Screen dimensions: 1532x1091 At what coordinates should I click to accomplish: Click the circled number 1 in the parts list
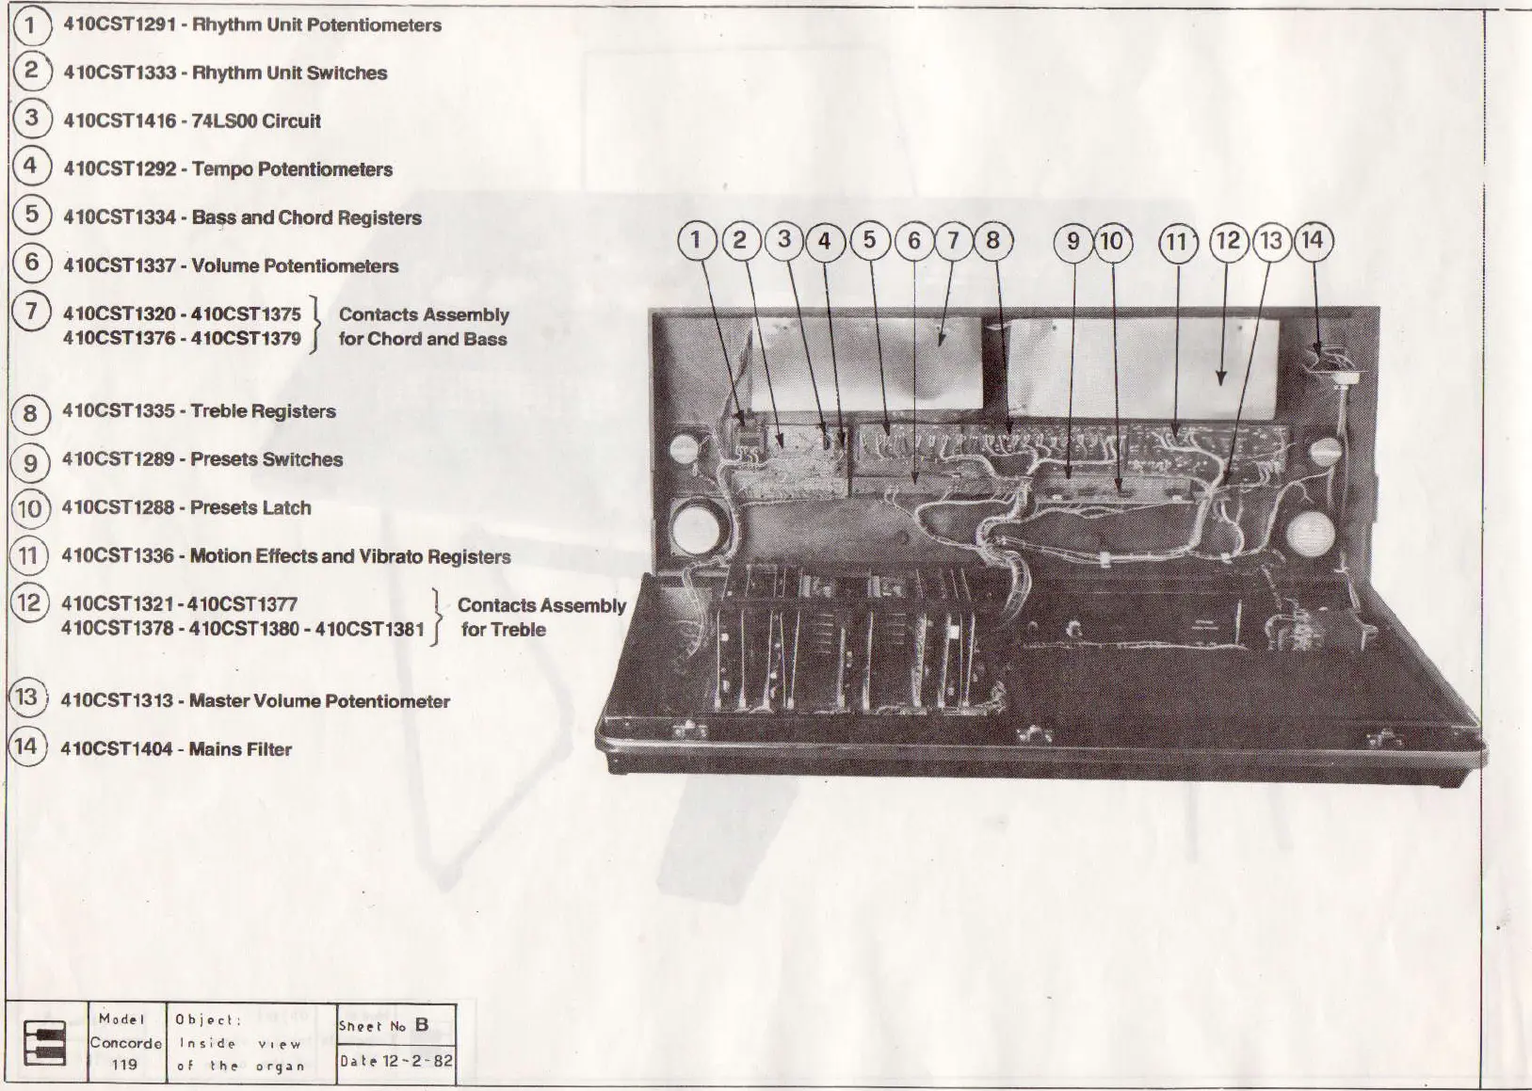point(31,24)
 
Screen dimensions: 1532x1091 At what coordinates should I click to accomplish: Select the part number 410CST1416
point(120,120)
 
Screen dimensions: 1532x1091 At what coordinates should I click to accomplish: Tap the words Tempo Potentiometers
point(292,169)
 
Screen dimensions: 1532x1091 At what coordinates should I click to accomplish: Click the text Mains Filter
point(240,749)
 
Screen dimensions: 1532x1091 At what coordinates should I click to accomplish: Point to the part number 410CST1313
point(117,701)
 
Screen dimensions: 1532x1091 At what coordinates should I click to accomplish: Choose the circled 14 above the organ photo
point(1313,241)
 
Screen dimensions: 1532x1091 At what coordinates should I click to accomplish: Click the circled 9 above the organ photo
point(1072,242)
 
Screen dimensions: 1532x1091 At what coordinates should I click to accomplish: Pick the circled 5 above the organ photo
point(869,241)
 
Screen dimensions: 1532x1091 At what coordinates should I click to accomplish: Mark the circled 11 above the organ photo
point(1177,242)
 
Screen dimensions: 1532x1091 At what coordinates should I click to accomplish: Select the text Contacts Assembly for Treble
point(540,618)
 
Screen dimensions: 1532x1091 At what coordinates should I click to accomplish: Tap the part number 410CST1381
point(370,629)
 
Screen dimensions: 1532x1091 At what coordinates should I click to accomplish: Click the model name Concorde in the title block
point(125,1043)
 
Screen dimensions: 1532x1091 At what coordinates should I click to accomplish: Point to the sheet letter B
point(422,1025)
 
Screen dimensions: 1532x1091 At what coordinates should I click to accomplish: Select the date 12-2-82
point(417,1061)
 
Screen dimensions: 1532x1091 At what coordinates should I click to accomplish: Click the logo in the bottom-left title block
point(44,1043)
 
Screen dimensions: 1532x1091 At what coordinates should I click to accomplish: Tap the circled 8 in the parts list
point(30,412)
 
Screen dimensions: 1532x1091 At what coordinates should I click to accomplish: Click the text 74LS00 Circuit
point(256,120)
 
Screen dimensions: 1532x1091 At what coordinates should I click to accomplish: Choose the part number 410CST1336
point(118,556)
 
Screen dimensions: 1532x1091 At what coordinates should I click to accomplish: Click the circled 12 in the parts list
point(29,602)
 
